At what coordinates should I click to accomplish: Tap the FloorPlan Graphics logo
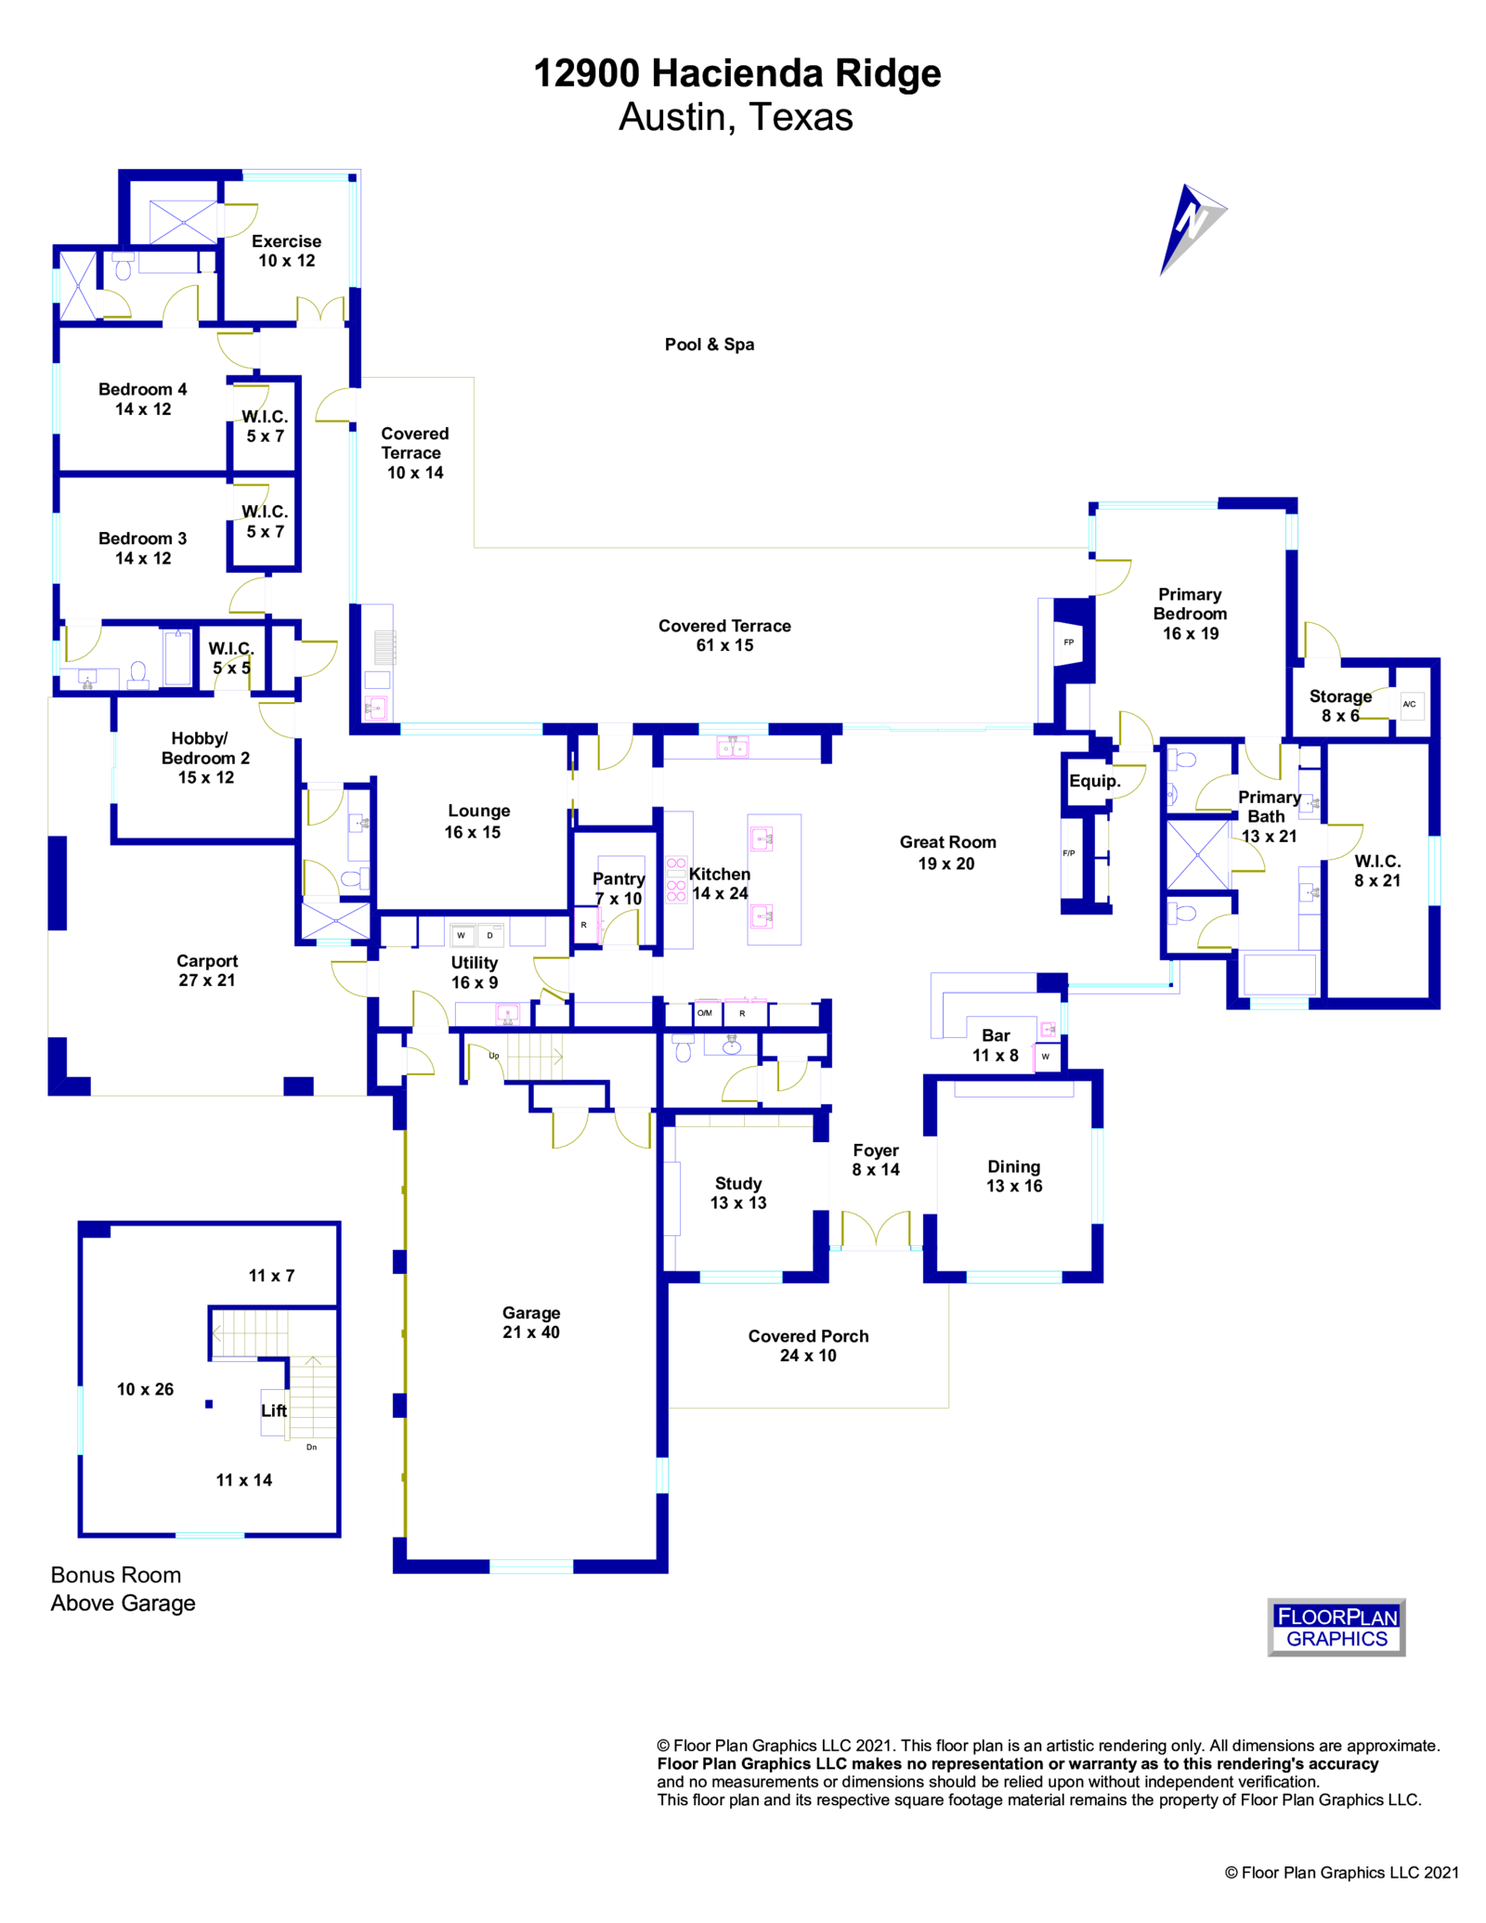pyautogui.click(x=1336, y=1627)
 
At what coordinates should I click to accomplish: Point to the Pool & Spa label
pyautogui.click(x=710, y=344)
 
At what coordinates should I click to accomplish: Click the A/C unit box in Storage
pyautogui.click(x=1409, y=705)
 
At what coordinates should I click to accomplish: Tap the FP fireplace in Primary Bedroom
pyautogui.click(x=1069, y=643)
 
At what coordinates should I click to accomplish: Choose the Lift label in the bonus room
pyautogui.click(x=274, y=1410)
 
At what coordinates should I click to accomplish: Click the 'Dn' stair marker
pyautogui.click(x=312, y=1447)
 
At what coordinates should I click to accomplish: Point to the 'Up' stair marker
pyautogui.click(x=494, y=1056)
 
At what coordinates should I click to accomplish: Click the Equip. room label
pyautogui.click(x=1095, y=781)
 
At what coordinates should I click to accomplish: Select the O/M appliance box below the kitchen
pyautogui.click(x=705, y=1013)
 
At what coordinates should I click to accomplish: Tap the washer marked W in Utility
pyautogui.click(x=461, y=935)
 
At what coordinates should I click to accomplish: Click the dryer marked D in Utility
pyautogui.click(x=490, y=935)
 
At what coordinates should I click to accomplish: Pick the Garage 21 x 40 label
pyautogui.click(x=531, y=1322)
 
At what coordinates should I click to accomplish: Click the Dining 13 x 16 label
pyautogui.click(x=1014, y=1176)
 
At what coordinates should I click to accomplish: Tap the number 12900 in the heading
pyautogui.click(x=586, y=73)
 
